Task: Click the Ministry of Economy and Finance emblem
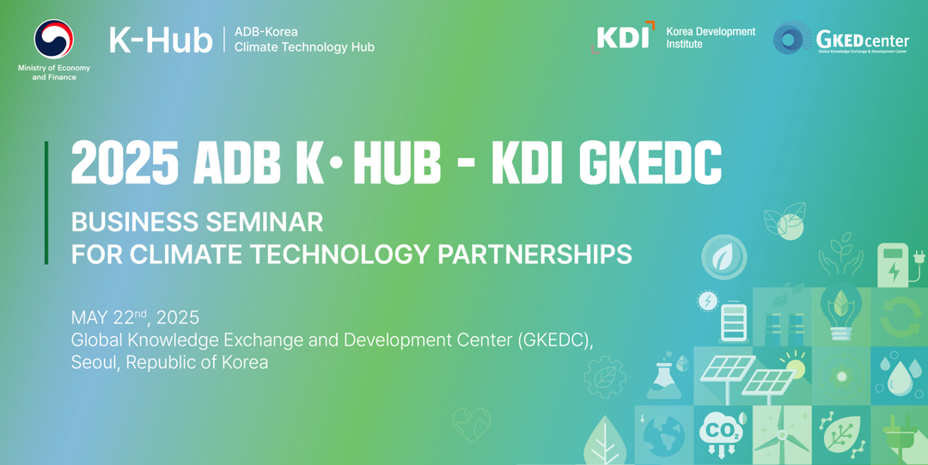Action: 54,39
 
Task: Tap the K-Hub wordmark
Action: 161,40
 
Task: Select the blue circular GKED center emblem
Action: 792,38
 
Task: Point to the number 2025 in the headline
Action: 125,163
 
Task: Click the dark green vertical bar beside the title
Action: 46,203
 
